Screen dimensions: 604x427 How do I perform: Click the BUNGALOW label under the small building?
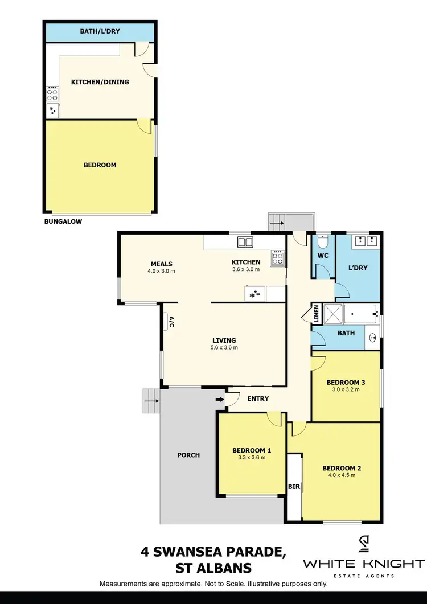click(x=63, y=222)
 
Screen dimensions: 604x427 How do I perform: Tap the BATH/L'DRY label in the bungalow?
click(x=100, y=31)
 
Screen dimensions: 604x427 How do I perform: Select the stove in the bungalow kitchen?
click(x=52, y=93)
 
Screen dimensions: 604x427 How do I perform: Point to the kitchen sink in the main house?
click(x=245, y=242)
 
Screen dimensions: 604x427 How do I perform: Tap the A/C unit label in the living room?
click(x=170, y=322)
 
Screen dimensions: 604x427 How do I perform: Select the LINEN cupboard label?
click(x=315, y=314)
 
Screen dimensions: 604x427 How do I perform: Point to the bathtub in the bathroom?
click(x=362, y=313)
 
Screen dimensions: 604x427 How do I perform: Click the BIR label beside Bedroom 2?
click(x=294, y=487)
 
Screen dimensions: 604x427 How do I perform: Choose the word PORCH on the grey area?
click(x=188, y=455)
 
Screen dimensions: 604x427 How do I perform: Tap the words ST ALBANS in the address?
click(x=211, y=568)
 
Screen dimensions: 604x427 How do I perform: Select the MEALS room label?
click(x=162, y=264)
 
